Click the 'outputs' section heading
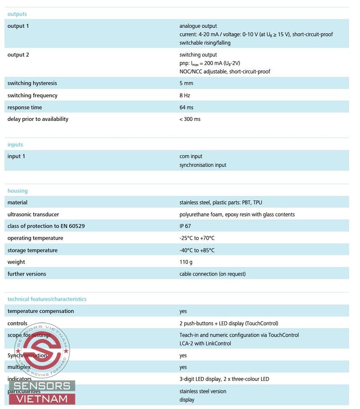[17, 14]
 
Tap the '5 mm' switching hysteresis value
[186, 83]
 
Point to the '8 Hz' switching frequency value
[185, 96]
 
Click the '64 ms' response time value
[187, 107]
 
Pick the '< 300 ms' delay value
[190, 119]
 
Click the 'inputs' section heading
[15, 144]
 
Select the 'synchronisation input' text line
[203, 165]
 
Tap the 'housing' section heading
[17, 191]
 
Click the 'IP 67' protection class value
[185, 226]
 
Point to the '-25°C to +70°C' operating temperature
[197, 238]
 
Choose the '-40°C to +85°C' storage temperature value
[197, 250]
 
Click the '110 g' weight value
[186, 262]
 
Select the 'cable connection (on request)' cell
[213, 274]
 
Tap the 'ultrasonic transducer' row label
[33, 214]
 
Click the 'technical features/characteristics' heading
[47, 299]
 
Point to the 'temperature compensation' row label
[40, 311]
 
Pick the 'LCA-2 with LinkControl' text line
[205, 344]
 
